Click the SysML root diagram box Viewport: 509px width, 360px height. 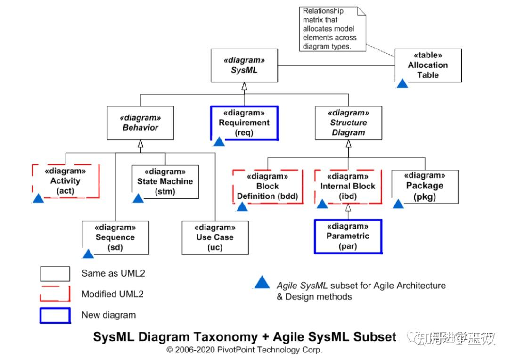(x=244, y=65)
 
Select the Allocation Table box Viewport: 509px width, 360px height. (x=428, y=65)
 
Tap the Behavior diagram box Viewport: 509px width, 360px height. (x=140, y=123)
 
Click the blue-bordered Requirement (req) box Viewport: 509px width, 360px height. (x=244, y=123)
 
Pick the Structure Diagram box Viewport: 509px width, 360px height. (x=348, y=123)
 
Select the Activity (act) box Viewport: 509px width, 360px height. (x=66, y=181)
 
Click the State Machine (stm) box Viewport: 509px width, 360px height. (x=165, y=181)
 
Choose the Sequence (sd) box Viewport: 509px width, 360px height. (x=115, y=237)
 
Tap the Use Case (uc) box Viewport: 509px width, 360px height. (x=215, y=237)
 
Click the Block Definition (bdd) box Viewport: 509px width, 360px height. (x=267, y=187)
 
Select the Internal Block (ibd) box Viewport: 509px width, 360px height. (x=348, y=187)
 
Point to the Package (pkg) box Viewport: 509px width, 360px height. (x=425, y=187)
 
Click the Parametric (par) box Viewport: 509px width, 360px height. (x=348, y=236)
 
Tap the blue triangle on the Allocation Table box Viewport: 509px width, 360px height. (x=402, y=83)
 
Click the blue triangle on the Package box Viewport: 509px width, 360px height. (x=398, y=204)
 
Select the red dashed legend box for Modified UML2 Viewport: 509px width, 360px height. (x=55, y=294)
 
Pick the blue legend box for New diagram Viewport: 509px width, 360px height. (x=55, y=315)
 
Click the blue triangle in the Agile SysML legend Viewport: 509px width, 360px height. (x=262, y=283)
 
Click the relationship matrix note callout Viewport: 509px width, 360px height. (x=329, y=29)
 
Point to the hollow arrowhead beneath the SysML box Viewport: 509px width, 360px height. (x=244, y=86)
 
